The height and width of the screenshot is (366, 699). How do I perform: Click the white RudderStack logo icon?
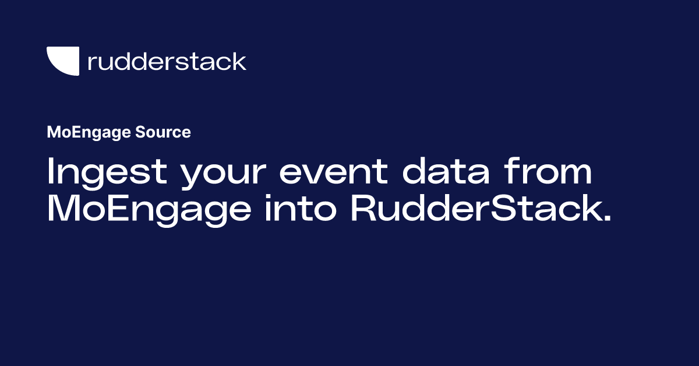(x=62, y=61)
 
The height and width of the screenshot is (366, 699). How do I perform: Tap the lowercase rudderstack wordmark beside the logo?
(x=167, y=61)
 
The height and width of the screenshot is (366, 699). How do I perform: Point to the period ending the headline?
(x=607, y=219)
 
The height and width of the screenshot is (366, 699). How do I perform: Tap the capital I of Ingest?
(x=51, y=173)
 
